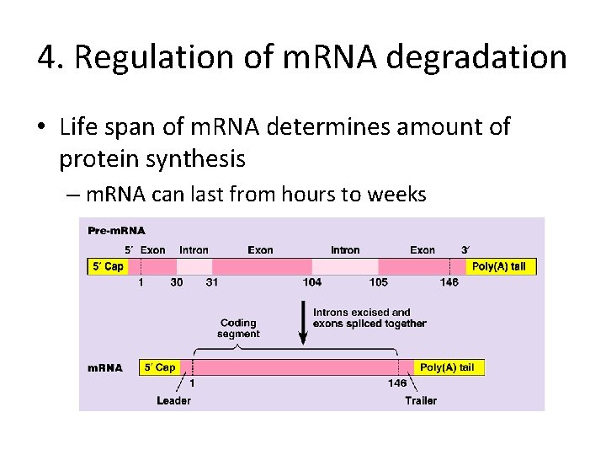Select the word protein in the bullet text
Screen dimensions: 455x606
click(92, 158)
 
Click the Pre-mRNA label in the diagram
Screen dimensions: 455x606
click(117, 230)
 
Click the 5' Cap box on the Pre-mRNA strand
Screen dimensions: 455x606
click(108, 266)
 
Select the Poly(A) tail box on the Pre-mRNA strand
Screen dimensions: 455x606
click(498, 266)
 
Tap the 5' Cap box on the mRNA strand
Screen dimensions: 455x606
click(160, 367)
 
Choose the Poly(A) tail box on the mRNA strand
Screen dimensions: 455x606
click(447, 367)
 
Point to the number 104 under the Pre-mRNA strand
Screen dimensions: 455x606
click(312, 282)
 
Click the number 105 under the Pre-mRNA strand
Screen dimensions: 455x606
click(378, 282)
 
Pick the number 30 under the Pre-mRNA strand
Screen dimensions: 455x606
click(177, 282)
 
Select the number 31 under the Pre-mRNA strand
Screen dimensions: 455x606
click(212, 282)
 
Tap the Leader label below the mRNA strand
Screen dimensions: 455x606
click(173, 400)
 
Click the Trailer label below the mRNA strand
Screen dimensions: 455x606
click(421, 400)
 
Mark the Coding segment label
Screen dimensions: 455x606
click(238, 329)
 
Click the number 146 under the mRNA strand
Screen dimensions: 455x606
click(396, 383)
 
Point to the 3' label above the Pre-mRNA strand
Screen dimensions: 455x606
click(465, 250)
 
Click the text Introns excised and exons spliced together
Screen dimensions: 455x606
click(369, 318)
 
